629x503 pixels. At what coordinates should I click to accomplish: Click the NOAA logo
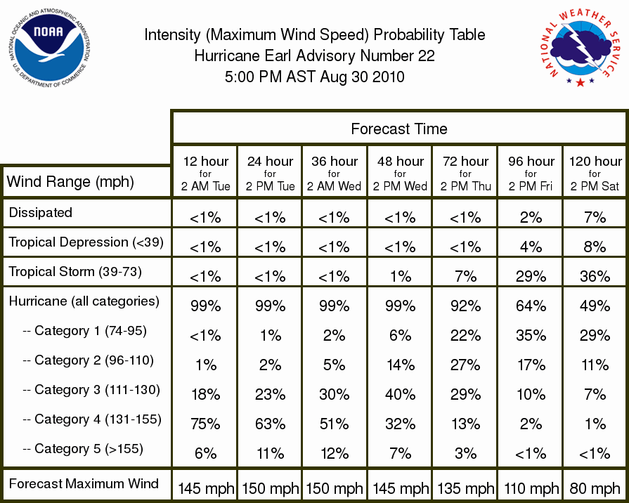coord(49,48)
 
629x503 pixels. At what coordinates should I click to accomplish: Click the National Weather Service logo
coord(581,47)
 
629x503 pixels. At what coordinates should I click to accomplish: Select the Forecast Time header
coord(398,129)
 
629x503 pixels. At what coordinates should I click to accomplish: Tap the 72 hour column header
coord(465,174)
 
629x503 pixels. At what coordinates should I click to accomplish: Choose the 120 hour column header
coord(595,174)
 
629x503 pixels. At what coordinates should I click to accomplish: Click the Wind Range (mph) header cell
coord(70,182)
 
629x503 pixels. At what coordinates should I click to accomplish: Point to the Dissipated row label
coord(41,212)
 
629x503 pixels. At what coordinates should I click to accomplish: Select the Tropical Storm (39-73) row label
coord(75,272)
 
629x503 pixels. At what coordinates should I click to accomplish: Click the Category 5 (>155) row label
coord(83,448)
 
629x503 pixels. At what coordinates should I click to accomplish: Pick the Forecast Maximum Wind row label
coord(84,483)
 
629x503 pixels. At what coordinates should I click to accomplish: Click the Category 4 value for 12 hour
coord(205,424)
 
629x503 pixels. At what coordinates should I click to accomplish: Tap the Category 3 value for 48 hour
coord(400,394)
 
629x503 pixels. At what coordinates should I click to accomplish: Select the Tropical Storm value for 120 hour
coord(595,276)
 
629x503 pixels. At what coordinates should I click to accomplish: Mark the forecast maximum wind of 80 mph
coord(595,488)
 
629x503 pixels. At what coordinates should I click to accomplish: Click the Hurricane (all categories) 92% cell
coord(465,306)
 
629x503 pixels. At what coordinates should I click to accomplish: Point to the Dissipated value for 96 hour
coord(531,217)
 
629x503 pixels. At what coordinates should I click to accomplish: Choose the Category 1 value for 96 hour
coord(531,335)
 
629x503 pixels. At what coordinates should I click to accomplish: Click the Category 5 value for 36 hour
coord(334,453)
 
